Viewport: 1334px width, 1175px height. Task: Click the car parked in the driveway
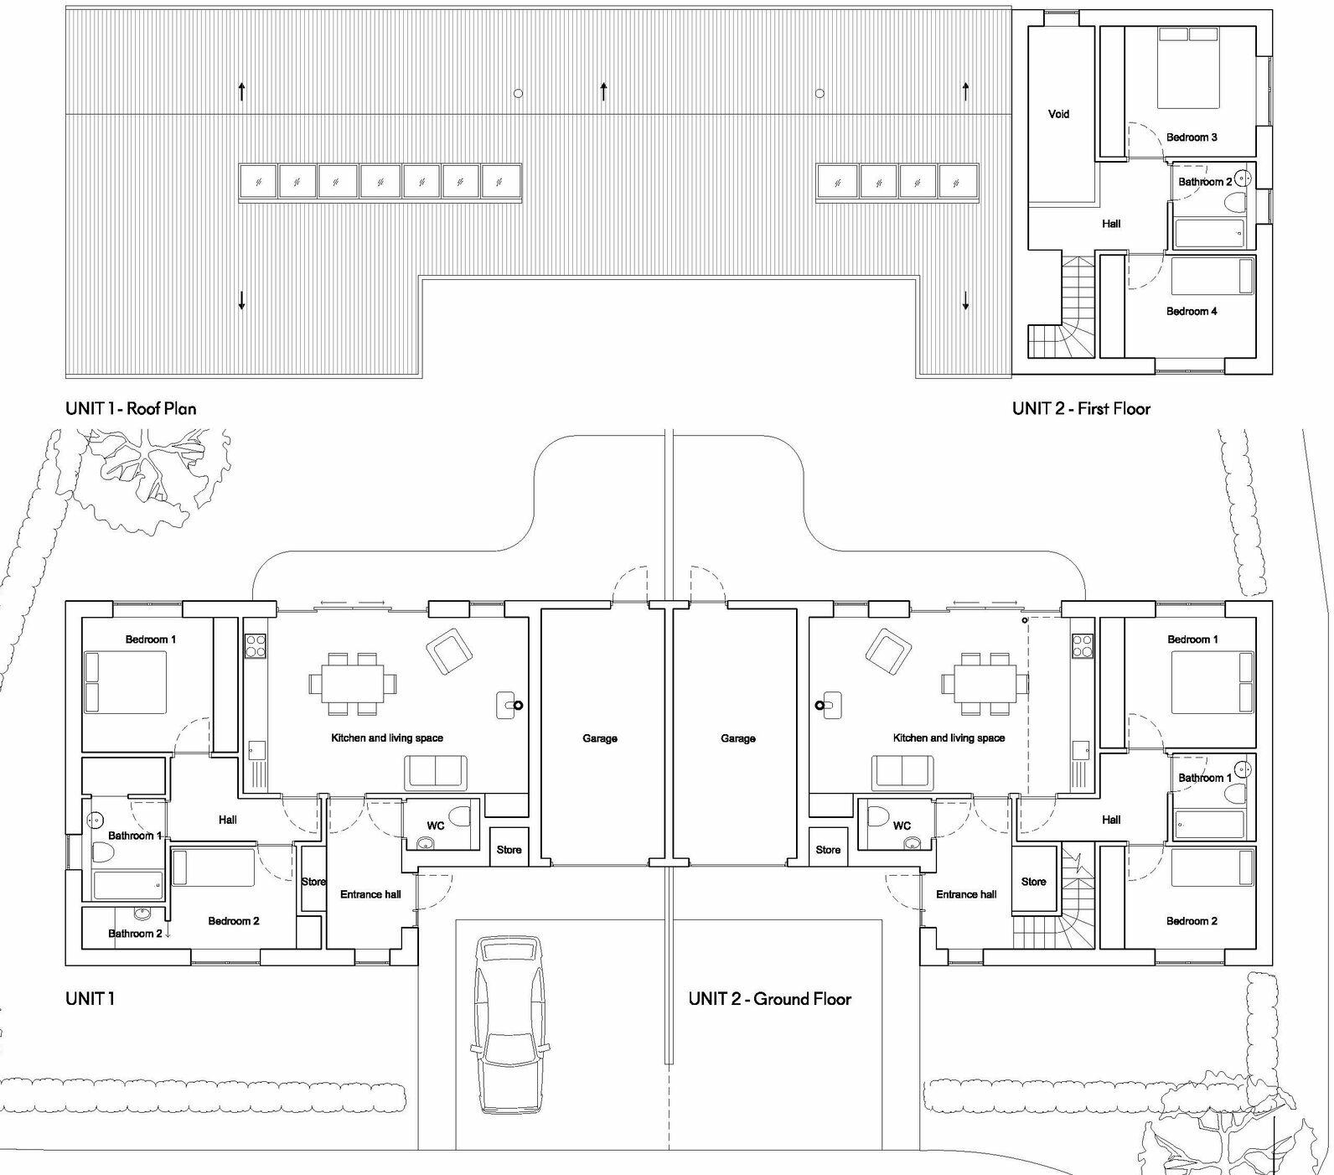pos(509,1024)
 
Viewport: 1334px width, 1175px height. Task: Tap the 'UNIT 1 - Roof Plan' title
pos(131,409)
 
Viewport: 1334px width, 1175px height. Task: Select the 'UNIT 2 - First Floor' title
pos(1081,409)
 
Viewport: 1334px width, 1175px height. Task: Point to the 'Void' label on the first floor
pos(1058,114)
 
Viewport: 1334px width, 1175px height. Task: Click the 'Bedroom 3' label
pos(1192,137)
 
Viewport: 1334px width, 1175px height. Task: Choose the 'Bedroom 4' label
pos(1192,311)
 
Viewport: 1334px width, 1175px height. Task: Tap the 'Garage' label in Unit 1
pos(600,738)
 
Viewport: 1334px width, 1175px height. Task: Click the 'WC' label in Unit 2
pos(902,826)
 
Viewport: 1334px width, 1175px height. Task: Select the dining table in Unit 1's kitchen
pos(349,684)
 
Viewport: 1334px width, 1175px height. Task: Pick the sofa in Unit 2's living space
pos(902,773)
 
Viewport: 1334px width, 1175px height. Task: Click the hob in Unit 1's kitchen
pos(256,645)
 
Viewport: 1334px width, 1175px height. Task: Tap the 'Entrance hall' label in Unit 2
pos(966,894)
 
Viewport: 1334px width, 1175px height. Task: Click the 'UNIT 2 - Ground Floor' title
pos(769,999)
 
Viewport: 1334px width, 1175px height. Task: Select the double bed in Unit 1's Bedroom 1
pos(124,682)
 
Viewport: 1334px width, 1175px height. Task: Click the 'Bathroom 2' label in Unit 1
pos(135,934)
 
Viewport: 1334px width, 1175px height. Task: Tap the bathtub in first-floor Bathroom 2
pos(1209,234)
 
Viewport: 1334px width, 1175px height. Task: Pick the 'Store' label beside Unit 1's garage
pos(509,850)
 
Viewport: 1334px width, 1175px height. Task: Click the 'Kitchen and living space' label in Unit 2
pos(949,738)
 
